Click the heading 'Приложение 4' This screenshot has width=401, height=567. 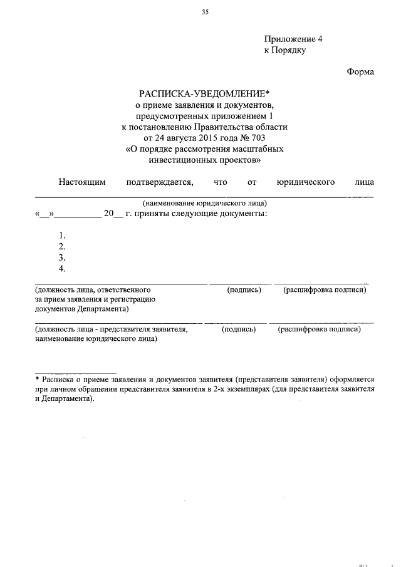click(x=293, y=39)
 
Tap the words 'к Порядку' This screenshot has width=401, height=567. click(x=284, y=50)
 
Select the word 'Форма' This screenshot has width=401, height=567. click(x=360, y=72)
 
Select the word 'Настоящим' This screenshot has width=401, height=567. click(x=82, y=182)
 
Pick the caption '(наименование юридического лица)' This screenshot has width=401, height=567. click(x=204, y=203)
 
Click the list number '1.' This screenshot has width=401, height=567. click(x=62, y=235)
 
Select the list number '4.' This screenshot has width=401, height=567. click(x=62, y=269)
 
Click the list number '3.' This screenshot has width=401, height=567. click(x=62, y=257)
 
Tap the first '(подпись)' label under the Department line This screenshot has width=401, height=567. click(x=244, y=290)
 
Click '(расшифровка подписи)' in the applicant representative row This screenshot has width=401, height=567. click(x=319, y=329)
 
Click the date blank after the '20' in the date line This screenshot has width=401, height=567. click(x=119, y=214)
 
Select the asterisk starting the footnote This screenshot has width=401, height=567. click(x=37, y=380)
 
